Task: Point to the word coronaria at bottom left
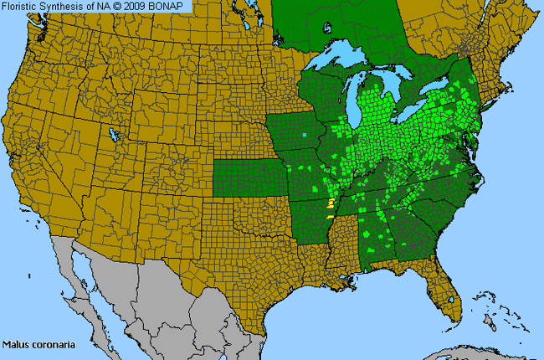pyautogui.click(x=48, y=344)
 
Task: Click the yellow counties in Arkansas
pyautogui.click(x=331, y=203)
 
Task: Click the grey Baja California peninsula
pyautogui.click(x=80, y=276)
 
